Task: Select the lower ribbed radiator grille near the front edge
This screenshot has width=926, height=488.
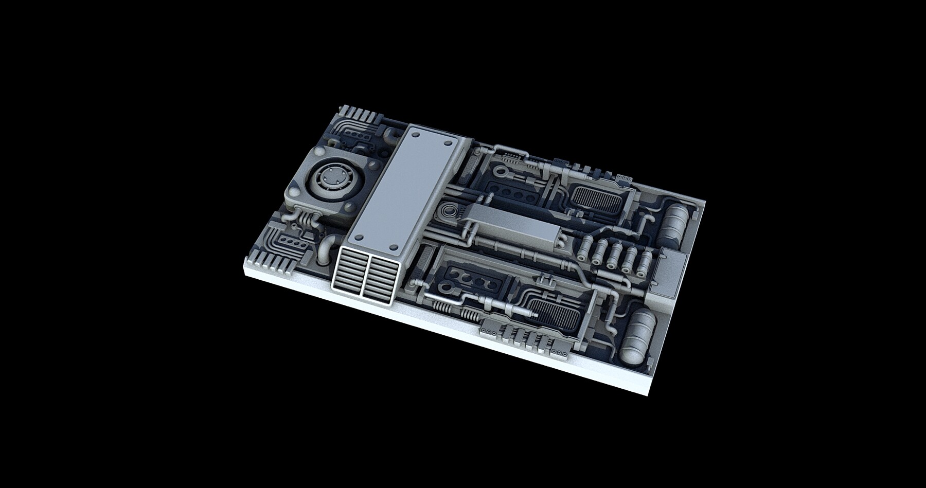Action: (558, 314)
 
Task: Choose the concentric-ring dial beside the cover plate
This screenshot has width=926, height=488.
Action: (450, 210)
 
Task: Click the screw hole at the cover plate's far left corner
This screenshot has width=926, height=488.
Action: (416, 133)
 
